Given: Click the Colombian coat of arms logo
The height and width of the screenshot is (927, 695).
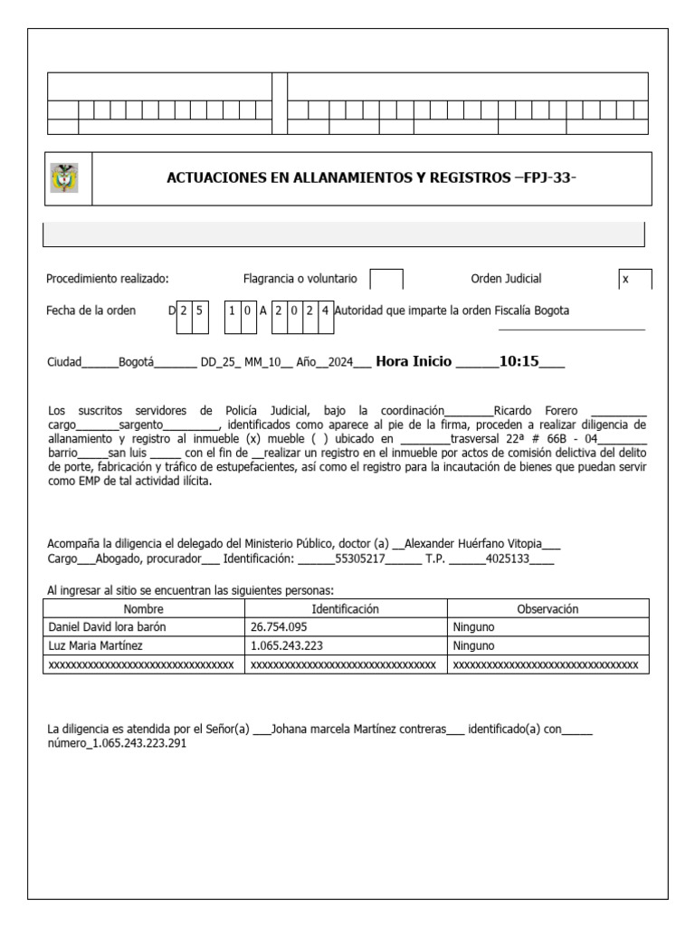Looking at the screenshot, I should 64,177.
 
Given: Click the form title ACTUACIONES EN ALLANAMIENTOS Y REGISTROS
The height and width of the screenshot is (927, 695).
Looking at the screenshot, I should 371,178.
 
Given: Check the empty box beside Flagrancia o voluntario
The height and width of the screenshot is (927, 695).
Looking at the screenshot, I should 387,280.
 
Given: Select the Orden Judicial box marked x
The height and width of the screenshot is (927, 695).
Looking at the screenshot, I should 634,280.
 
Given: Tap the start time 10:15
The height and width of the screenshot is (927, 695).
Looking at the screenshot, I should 519,361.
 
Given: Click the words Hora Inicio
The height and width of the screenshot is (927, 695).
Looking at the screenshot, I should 413,361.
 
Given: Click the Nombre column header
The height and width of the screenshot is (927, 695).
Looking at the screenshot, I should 144,609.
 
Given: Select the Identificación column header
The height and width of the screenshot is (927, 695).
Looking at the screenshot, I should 346,609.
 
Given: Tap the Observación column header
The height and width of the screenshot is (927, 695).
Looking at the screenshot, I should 547,609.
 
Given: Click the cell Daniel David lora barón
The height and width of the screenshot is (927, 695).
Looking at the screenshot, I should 107,627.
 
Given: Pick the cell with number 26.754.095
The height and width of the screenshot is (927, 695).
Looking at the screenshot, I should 280,627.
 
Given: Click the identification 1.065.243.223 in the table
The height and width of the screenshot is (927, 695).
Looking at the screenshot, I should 287,646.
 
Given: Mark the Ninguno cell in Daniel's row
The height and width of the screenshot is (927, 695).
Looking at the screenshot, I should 473,627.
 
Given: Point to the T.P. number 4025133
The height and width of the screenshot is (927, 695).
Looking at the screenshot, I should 507,559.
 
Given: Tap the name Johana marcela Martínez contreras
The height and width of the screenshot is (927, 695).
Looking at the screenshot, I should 359,728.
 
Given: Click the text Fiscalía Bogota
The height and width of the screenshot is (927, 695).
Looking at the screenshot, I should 532,311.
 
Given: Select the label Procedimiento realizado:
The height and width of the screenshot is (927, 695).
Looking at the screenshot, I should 108,280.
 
